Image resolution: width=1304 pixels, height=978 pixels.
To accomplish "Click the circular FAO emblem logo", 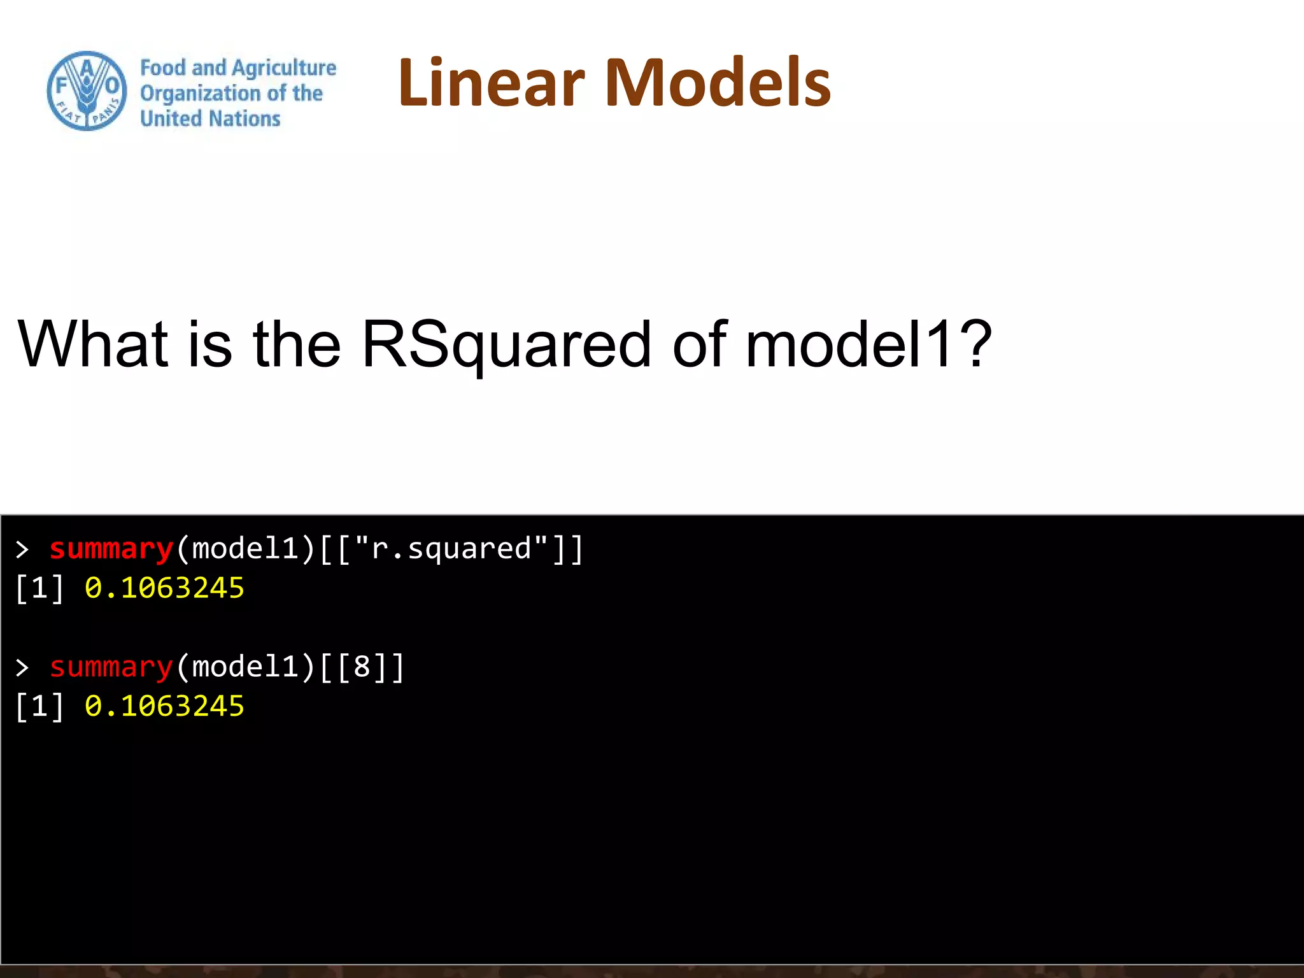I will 87,91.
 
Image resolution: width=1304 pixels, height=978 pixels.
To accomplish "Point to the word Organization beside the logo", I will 200,94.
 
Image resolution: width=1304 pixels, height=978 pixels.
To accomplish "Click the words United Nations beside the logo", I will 210,119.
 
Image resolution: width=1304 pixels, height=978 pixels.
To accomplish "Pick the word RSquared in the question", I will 506,344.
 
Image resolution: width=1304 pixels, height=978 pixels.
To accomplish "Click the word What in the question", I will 93,344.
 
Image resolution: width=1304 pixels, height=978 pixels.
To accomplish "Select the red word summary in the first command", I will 111,549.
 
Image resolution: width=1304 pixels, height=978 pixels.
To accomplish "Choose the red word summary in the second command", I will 111,667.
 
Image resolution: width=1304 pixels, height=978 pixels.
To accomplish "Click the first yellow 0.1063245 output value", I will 164,588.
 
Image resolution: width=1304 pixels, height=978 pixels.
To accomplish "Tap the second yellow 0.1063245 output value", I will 164,706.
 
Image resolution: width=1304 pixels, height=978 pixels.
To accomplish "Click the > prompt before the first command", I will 22,549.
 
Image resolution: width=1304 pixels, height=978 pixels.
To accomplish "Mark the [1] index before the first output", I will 39,588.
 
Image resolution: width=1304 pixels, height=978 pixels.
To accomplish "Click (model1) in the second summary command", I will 246,667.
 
